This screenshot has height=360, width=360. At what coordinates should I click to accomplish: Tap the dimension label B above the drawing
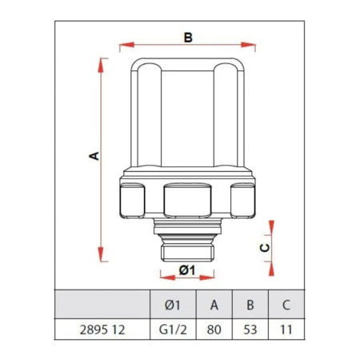click(188, 38)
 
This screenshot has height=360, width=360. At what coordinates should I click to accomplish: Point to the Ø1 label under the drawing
click(187, 270)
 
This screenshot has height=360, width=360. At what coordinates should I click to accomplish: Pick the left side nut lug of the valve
click(131, 200)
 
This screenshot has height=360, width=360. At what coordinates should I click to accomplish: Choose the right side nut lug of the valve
click(243, 200)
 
